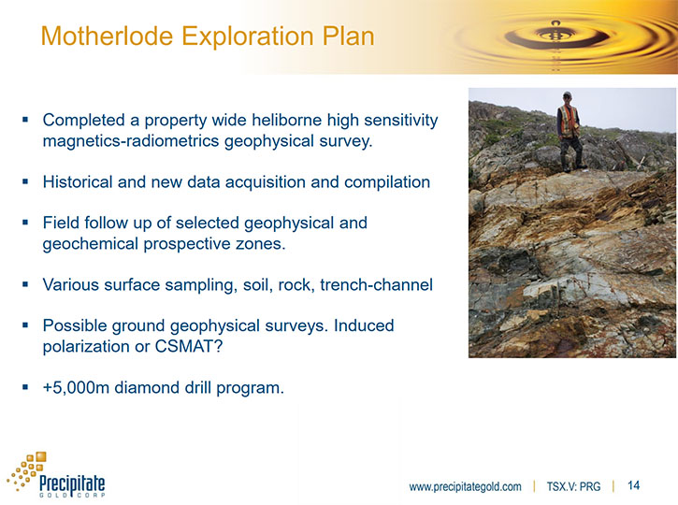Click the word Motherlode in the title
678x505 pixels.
point(107,36)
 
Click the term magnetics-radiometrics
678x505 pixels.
point(131,141)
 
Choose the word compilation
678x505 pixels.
point(387,182)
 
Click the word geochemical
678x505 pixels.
point(91,244)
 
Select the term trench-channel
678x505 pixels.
point(376,284)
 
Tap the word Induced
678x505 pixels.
point(364,325)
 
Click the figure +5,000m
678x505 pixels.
point(76,387)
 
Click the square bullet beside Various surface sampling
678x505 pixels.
point(25,284)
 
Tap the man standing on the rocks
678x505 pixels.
point(570,132)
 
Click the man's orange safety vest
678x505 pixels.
point(569,122)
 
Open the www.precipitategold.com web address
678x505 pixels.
point(466,487)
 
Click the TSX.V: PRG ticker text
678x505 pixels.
point(573,487)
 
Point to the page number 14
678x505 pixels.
point(633,485)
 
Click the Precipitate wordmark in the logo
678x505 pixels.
point(72,483)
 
